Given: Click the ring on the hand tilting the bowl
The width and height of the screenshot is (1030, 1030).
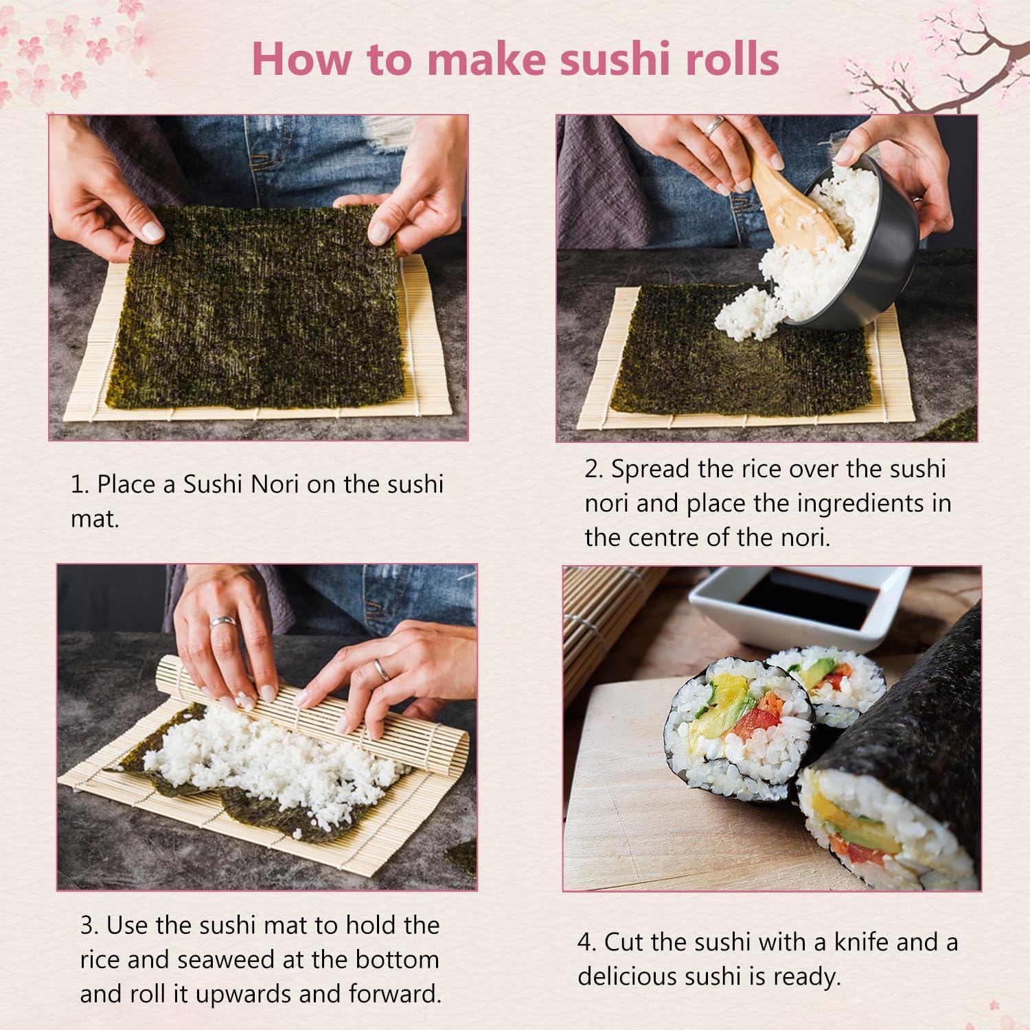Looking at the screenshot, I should coord(715,125).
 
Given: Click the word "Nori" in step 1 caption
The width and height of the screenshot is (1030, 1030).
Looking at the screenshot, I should coord(275,484).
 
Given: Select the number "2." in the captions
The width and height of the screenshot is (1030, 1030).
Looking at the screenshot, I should coord(594,469).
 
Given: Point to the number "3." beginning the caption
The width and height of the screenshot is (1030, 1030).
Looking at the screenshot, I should coord(89,925).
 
